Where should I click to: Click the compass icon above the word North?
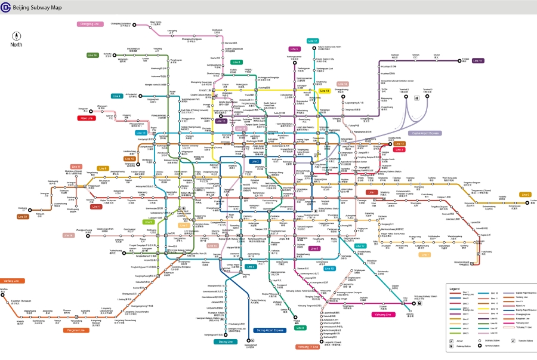16,35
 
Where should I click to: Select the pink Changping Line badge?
90,24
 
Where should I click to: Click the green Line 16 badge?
92,55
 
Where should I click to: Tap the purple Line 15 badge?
477,60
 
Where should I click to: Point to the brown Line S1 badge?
23,217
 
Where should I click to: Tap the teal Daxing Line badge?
226,341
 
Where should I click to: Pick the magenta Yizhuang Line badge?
382,314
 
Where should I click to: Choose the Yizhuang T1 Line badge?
307,346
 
